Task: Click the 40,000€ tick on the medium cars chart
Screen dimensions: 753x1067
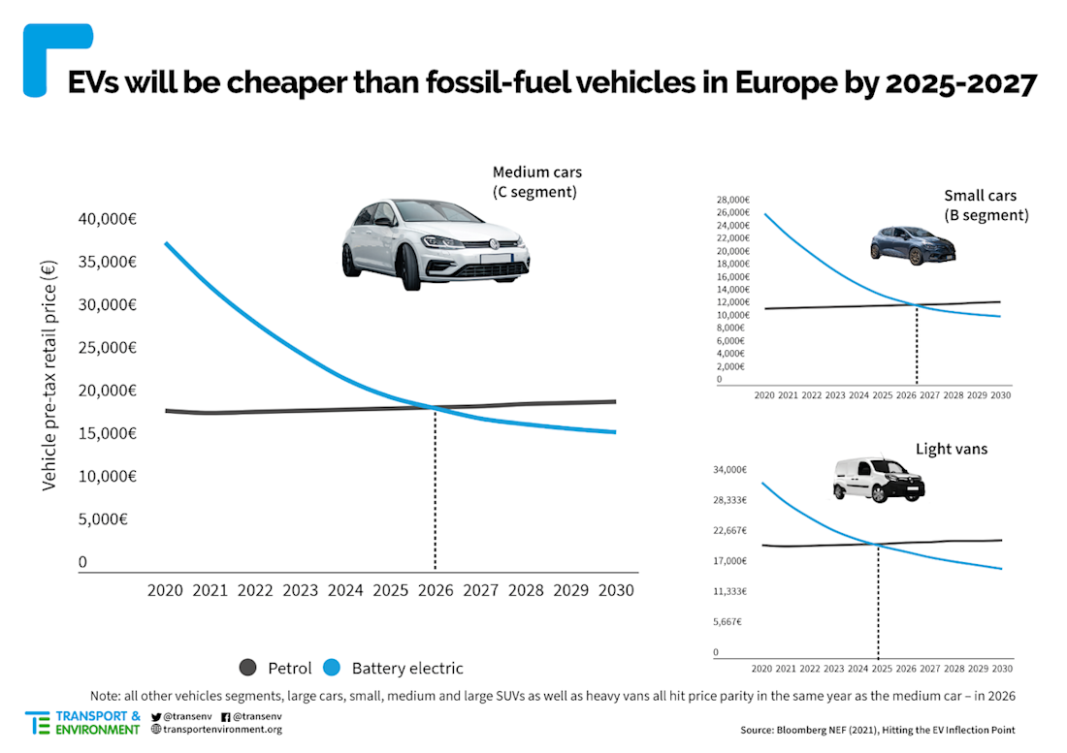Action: coord(106,219)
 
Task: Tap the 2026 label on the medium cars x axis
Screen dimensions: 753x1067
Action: coord(436,589)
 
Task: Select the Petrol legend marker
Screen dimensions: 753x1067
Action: coord(247,667)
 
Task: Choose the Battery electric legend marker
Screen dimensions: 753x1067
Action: coord(332,667)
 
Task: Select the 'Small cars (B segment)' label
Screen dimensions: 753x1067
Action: coord(986,205)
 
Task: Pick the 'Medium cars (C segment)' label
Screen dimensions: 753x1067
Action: coord(536,182)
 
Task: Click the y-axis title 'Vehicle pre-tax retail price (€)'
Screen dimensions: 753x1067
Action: coord(49,373)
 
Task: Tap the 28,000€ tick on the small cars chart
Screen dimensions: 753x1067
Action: coord(732,199)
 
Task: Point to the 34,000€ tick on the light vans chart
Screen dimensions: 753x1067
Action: coord(729,470)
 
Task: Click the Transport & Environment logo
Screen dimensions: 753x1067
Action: coord(83,722)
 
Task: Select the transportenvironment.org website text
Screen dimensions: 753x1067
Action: coord(222,729)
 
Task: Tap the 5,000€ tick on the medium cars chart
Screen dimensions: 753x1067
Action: coord(103,518)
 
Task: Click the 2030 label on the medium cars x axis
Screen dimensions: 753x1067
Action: coord(615,589)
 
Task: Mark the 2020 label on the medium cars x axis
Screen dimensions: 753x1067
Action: coord(166,589)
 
